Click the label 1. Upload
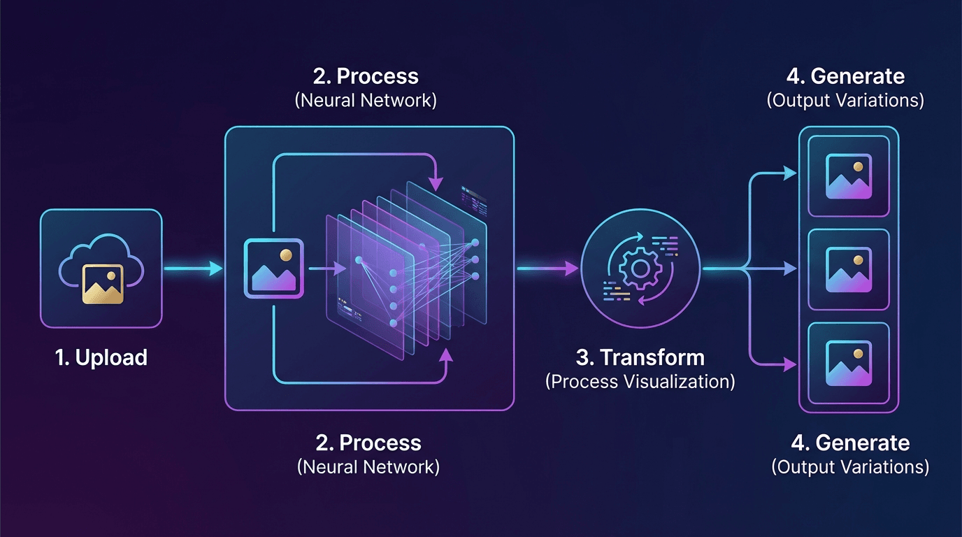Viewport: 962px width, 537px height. point(101,358)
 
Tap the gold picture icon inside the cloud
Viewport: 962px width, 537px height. point(102,283)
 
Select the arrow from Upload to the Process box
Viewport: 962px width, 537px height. point(192,268)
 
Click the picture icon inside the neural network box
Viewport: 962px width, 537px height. point(273,269)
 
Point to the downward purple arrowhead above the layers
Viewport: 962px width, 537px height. point(436,183)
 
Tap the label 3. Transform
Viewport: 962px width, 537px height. point(640,358)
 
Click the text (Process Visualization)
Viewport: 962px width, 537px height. point(640,382)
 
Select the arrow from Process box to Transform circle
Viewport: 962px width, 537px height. point(547,268)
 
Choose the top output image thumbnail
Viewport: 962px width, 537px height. point(848,176)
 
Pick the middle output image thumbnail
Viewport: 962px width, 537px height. point(848,269)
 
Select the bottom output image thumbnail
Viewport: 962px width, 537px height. point(848,363)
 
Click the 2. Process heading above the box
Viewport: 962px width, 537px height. point(366,76)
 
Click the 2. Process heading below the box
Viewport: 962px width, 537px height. point(368,443)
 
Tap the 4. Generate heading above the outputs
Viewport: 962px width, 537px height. point(845,76)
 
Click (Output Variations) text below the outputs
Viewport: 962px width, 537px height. point(849,467)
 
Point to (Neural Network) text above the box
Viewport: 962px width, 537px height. point(366,100)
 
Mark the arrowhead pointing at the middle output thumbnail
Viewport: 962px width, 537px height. point(791,268)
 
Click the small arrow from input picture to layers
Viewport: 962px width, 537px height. point(327,268)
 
